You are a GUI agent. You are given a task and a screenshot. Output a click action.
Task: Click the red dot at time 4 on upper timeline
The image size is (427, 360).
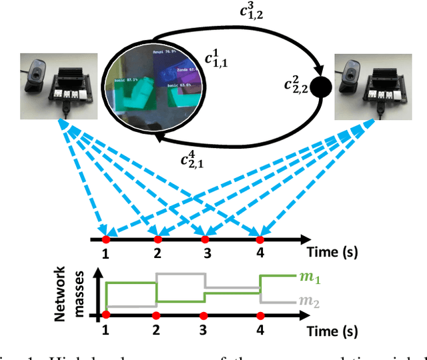click(260, 239)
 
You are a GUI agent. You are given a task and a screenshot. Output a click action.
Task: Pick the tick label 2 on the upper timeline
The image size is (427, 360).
click(157, 254)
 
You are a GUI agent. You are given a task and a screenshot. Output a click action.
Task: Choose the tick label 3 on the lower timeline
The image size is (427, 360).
click(206, 331)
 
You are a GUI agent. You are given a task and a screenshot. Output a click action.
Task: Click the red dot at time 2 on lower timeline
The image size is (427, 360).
click(156, 315)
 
